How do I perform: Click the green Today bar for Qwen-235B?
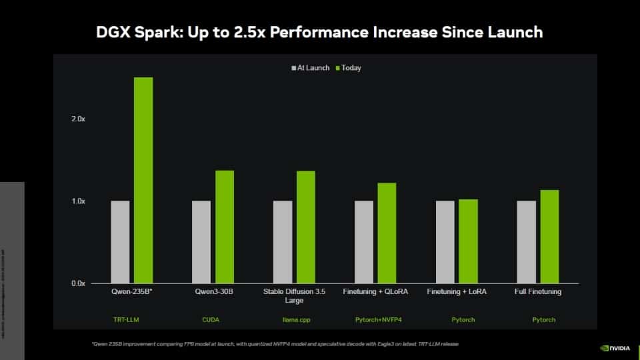tap(143, 180)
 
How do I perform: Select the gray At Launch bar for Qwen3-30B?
tap(201, 242)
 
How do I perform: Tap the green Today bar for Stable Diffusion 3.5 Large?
tap(306, 227)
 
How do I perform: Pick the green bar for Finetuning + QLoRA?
tap(387, 233)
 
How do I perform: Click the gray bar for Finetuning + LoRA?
tap(445, 242)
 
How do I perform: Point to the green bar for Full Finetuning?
tap(549, 237)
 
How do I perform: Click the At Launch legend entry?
tap(311, 68)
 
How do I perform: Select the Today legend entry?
tap(349, 68)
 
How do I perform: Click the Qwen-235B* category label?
tap(132, 292)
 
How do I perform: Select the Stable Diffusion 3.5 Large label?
tap(295, 296)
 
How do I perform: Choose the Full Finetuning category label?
tap(538, 292)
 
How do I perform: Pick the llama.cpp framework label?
tap(295, 320)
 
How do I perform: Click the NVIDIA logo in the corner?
tap(615, 347)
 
